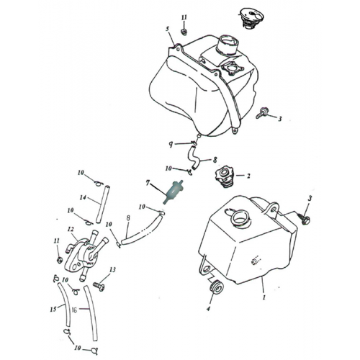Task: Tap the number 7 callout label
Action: pos(148,184)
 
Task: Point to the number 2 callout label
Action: pos(248,175)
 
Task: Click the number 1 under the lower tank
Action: pos(264,297)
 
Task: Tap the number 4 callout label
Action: pos(208,310)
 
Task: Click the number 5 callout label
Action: pos(167,30)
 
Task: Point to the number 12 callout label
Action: pos(71,230)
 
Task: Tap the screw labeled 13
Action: pos(99,287)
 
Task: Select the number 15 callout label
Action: pos(53,310)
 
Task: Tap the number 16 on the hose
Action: pos(74,310)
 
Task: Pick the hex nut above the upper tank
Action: pos(184,31)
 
